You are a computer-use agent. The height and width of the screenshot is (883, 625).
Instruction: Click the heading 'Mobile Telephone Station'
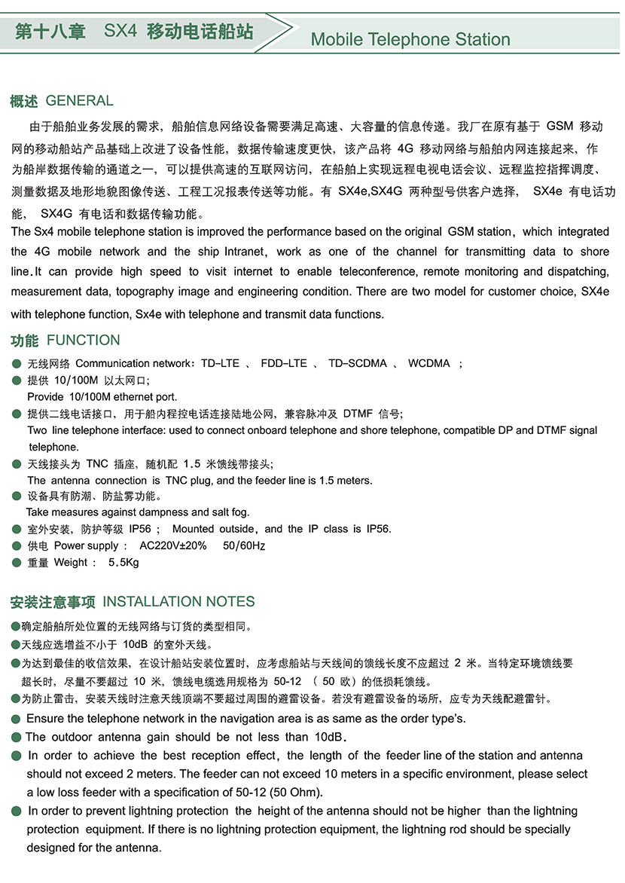tap(410, 39)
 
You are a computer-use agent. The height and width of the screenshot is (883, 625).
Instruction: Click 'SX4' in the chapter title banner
tap(120, 32)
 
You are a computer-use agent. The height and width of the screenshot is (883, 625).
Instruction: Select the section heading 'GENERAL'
tap(80, 101)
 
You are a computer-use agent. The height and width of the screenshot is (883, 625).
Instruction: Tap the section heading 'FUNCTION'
tap(84, 341)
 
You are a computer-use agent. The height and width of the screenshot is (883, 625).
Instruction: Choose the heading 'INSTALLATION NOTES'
tap(178, 602)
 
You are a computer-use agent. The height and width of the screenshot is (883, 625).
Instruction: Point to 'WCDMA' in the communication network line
tap(429, 363)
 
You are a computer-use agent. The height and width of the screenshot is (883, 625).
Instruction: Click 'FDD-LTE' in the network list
tap(284, 363)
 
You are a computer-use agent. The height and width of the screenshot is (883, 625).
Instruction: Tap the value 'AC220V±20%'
tap(173, 545)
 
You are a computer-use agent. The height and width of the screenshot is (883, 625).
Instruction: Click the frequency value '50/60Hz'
tap(244, 545)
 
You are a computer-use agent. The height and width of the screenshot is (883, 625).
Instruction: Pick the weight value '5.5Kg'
tap(124, 562)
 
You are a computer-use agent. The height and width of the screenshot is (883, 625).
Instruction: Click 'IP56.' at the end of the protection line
tap(379, 529)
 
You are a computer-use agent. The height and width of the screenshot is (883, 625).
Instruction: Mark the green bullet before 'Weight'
tap(17, 562)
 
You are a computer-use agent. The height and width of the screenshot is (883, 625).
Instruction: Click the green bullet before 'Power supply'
tap(17, 545)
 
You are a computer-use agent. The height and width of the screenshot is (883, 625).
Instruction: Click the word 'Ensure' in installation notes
tap(45, 719)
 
